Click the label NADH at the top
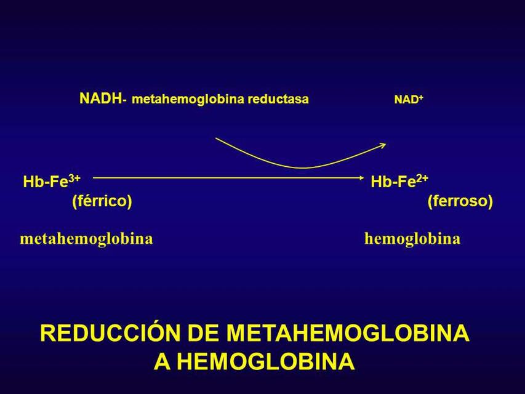tap(100, 98)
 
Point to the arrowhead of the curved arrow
tap(383, 145)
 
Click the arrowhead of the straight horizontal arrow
tap(362, 178)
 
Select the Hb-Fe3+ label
tap(52, 182)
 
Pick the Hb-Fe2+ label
tap(399, 182)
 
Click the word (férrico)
tap(102, 201)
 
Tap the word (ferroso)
tap(460, 201)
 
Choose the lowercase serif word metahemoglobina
tap(86, 238)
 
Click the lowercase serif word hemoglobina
tap(412, 238)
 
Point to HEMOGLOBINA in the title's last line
tap(271, 361)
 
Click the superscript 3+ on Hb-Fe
tap(74, 179)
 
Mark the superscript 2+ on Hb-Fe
tap(422, 179)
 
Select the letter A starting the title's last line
tap(162, 361)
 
